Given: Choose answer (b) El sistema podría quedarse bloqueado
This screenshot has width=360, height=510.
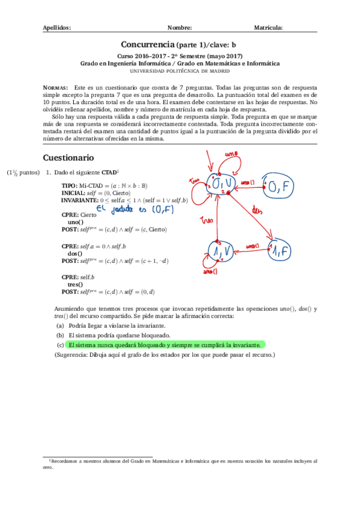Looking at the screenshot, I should (120, 335).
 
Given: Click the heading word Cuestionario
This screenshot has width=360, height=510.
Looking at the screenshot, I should (69, 158).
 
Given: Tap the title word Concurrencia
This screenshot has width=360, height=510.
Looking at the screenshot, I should (148, 45).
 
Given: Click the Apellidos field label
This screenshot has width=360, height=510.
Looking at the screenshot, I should (58, 28).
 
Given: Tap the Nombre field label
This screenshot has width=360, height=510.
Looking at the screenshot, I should (180, 28).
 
